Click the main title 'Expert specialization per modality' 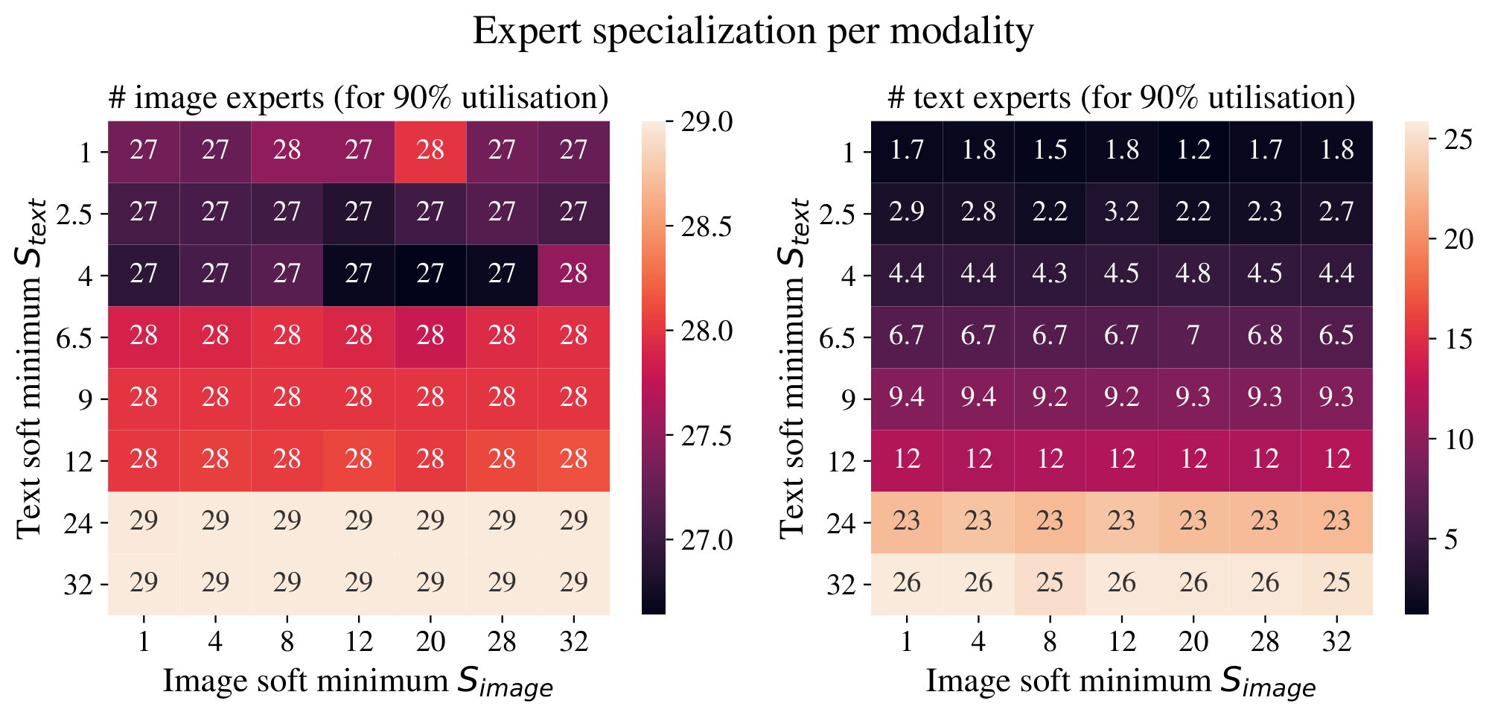tap(753, 32)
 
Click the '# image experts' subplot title tap(358, 98)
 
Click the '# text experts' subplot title tap(1121, 98)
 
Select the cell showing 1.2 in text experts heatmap tap(1193, 151)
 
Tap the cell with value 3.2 tap(1122, 213)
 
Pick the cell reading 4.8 tap(1193, 275)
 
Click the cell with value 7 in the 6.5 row tap(1193, 337)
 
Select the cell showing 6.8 tap(1265, 337)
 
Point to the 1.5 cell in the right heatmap tap(1050, 151)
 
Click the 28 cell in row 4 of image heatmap tap(574, 275)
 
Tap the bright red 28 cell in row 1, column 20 tap(430, 151)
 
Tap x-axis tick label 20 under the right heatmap tap(1193, 641)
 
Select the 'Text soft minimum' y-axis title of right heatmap tap(794, 367)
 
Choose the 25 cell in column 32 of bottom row tap(1336, 583)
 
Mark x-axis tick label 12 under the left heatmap tap(358, 641)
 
